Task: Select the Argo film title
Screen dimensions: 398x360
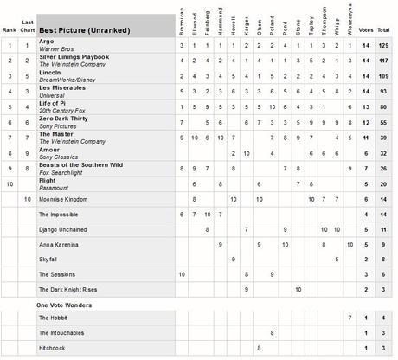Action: pyautogui.click(x=47, y=41)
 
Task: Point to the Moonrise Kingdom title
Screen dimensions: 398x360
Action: pyautogui.click(x=68, y=199)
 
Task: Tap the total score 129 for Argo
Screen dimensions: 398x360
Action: pyautogui.click(x=382, y=44)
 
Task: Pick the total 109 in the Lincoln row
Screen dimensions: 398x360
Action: pyautogui.click(x=382, y=75)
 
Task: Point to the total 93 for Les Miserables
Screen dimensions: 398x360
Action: pyautogui.click(x=383, y=91)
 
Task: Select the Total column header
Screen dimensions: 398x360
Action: pyautogui.click(x=382, y=30)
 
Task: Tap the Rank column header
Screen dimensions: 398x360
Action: pyautogui.click(x=10, y=30)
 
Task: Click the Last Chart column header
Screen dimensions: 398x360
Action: pyautogui.click(x=29, y=27)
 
